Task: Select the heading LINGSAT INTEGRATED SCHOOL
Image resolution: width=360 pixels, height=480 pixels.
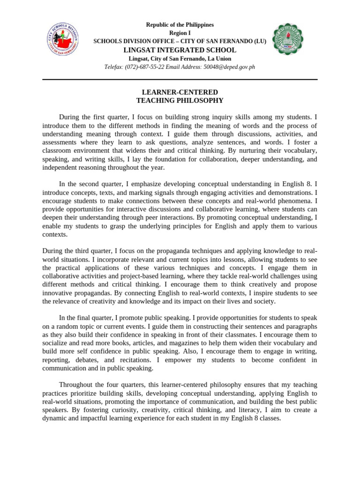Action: coord(180,50)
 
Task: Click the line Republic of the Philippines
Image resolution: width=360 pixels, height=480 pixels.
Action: coord(180,24)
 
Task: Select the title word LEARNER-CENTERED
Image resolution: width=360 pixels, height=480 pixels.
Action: coord(180,92)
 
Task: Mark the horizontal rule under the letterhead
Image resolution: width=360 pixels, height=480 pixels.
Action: coord(180,80)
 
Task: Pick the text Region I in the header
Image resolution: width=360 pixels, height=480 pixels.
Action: coord(180,33)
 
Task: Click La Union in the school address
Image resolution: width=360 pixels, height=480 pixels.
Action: coord(216,59)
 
